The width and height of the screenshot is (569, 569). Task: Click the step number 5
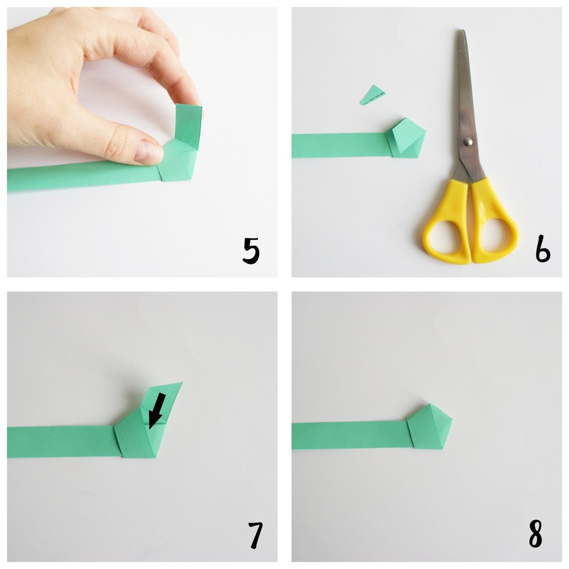click(x=251, y=250)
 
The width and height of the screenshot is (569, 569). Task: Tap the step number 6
click(x=543, y=249)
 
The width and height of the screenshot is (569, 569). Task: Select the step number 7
click(x=256, y=535)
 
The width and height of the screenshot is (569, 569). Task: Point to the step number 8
click(x=536, y=533)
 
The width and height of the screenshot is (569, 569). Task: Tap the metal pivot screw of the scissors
click(x=468, y=142)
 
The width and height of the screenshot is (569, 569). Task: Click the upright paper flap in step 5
click(x=188, y=126)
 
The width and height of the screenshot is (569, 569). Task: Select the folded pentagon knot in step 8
click(x=430, y=427)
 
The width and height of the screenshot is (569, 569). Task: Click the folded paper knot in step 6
click(x=405, y=139)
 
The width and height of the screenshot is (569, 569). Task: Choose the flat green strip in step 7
click(x=62, y=442)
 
